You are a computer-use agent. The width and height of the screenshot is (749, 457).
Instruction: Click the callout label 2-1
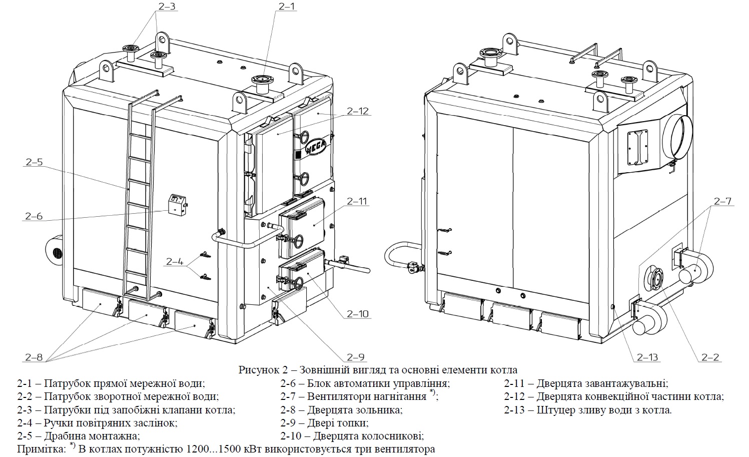click(x=287, y=7)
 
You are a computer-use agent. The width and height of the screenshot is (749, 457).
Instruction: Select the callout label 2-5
click(x=34, y=163)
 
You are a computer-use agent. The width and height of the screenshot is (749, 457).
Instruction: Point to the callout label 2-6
click(x=34, y=216)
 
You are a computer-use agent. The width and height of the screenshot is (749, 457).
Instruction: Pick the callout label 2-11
click(x=357, y=201)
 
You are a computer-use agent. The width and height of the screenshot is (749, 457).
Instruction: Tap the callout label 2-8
click(x=34, y=357)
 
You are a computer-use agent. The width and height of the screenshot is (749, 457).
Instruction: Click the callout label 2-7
click(x=723, y=201)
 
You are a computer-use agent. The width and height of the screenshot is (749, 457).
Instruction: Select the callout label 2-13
click(x=648, y=357)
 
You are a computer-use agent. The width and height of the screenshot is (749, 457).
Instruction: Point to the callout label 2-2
click(x=710, y=357)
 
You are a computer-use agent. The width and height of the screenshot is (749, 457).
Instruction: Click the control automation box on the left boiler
click(x=177, y=204)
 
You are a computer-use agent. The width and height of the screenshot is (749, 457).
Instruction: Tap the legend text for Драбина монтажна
click(x=92, y=436)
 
